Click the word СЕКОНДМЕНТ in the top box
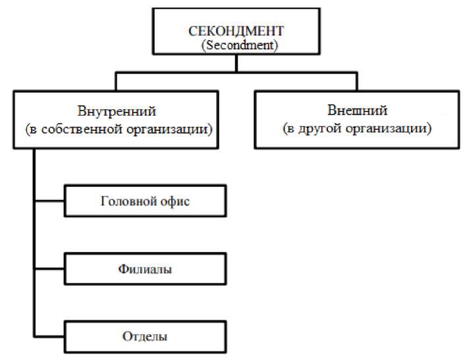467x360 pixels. (x=236, y=32)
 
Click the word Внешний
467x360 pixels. (x=357, y=110)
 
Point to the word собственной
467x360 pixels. (x=86, y=129)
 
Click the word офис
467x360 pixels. (x=175, y=201)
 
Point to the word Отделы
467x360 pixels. (x=145, y=336)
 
